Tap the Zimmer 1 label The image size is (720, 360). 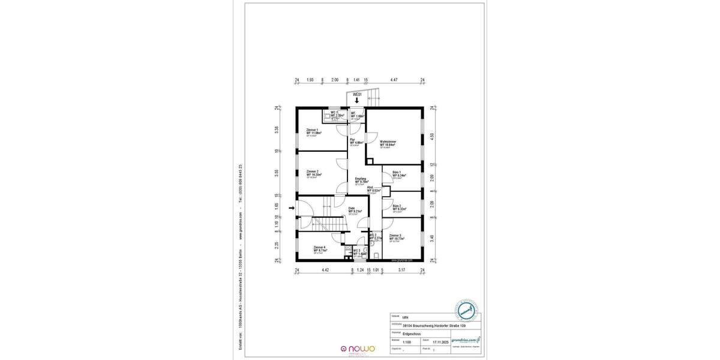coord(313,130)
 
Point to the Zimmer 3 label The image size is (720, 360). coord(395,236)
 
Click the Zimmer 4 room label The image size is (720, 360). coord(320,247)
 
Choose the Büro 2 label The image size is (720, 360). coord(397,206)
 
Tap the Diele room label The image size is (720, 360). coord(352,209)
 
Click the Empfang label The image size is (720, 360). coord(361,179)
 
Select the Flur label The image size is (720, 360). coord(353,139)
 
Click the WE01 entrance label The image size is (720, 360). coord(358,95)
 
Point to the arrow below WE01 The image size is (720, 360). coord(358,102)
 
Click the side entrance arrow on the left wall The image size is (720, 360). coord(292,208)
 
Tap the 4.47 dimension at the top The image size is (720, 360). coord(394,79)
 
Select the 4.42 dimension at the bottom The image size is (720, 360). coord(325,271)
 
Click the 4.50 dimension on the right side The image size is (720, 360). coord(431,136)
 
